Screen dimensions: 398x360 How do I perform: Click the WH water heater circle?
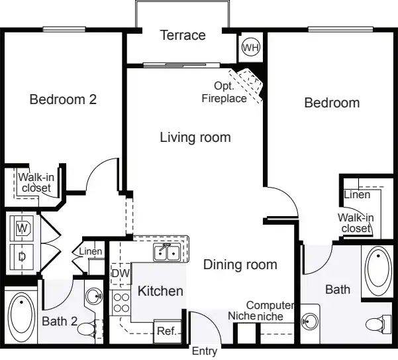[251, 47]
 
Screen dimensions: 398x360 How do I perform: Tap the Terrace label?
[183, 35]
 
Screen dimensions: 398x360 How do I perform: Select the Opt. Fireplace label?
[224, 92]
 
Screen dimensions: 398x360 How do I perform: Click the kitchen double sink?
[167, 253]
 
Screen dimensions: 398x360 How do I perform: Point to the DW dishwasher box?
[121, 274]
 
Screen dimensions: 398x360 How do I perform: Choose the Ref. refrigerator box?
[167, 331]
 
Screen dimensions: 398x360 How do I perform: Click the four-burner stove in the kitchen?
[121, 303]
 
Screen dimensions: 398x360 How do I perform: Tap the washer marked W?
[22, 228]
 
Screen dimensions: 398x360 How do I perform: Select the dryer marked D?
[22, 257]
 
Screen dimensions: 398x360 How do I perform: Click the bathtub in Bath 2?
[21, 316]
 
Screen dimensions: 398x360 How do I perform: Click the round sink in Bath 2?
[94, 296]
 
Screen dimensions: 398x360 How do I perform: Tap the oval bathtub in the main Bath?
[378, 270]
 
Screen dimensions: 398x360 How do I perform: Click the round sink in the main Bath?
[310, 322]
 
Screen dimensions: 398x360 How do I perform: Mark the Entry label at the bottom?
[205, 351]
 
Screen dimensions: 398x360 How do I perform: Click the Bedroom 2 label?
[63, 99]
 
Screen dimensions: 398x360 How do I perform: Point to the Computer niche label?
[270, 311]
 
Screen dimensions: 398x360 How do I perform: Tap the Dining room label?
[240, 265]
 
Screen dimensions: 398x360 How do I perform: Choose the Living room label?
[195, 137]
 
